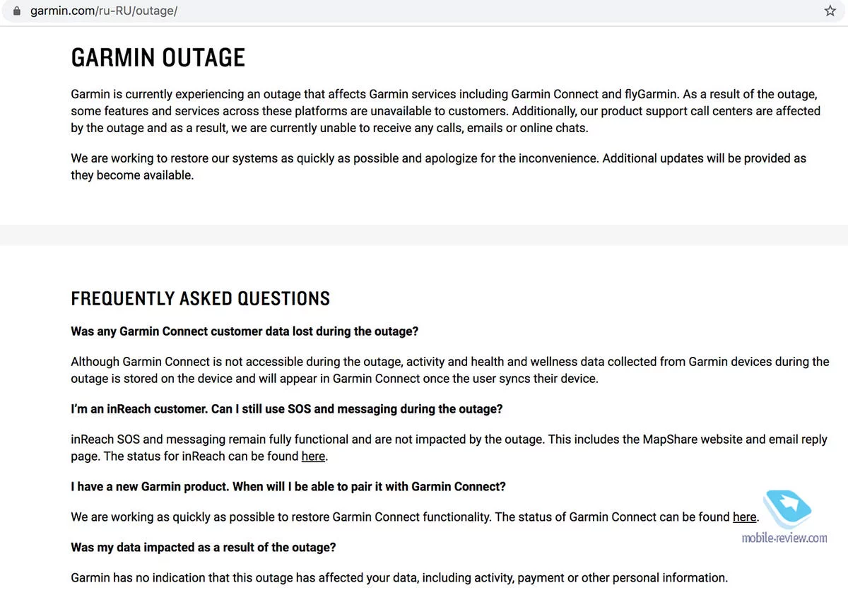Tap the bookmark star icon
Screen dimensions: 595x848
coord(830,11)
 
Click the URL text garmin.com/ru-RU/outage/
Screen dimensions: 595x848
coord(103,11)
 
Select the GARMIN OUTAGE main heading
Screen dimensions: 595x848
coord(158,58)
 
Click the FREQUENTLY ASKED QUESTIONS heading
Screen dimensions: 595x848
coord(200,299)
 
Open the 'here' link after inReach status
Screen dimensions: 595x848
coord(313,456)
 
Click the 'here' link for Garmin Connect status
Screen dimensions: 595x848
coord(744,517)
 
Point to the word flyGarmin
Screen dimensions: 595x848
coord(656,94)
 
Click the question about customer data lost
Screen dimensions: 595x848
coord(245,331)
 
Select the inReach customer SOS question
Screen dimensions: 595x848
coord(286,409)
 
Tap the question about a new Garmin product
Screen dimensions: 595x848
coord(288,487)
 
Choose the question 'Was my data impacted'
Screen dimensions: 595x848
coord(203,548)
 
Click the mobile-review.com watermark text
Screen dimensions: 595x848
coord(784,538)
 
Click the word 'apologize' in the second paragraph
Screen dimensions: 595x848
coord(454,158)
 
